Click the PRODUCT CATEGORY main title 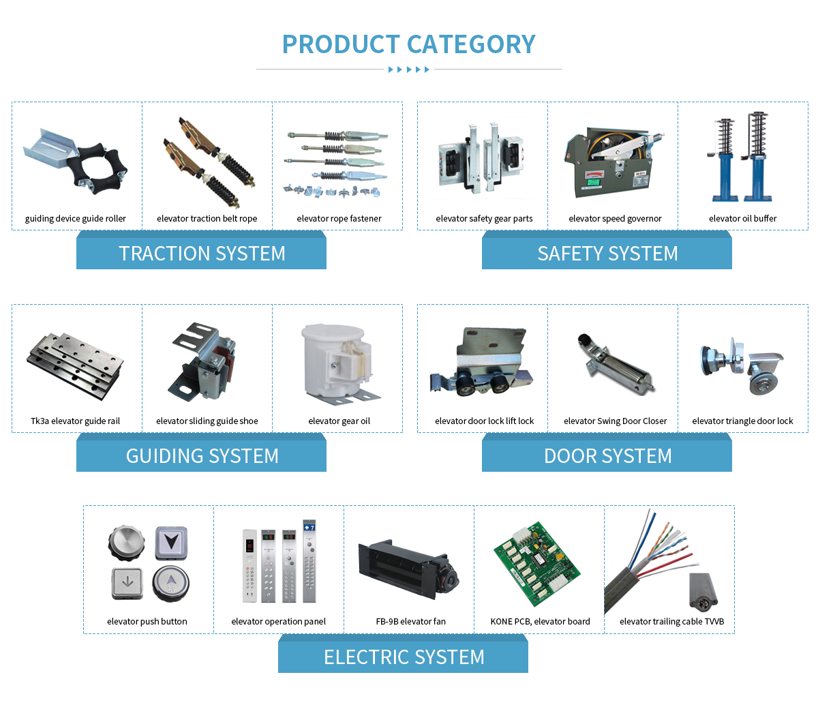pos(408,44)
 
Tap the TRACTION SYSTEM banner pos(201,250)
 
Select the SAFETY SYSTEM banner pos(607,250)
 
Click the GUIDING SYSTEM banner pos(201,453)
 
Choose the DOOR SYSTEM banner pos(607,453)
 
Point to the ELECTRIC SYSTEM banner pos(403,654)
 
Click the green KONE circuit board pos(537,564)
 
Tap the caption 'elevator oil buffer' pos(742,219)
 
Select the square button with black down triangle pos(171,543)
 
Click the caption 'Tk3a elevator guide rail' pos(75,421)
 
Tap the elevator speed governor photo pos(613,162)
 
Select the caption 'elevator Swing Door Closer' pos(615,421)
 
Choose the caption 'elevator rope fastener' pos(339,219)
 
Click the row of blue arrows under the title pos(408,70)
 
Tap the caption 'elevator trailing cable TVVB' pos(671,622)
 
